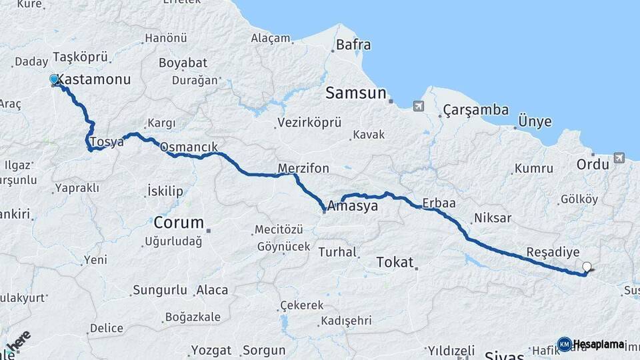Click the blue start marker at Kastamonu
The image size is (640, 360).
[54, 79]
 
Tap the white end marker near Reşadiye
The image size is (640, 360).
[587, 267]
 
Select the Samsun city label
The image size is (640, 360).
[355, 93]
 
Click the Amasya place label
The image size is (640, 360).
[352, 206]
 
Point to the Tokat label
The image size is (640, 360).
[395, 262]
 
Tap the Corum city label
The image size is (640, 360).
[178, 223]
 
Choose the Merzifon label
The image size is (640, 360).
[303, 168]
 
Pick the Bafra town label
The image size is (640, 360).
[353, 45]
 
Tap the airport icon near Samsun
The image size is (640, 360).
[418, 106]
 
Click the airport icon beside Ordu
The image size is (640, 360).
[619, 157]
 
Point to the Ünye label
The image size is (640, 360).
[535, 121]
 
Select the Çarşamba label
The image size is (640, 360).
[475, 110]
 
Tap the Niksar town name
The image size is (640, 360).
[492, 218]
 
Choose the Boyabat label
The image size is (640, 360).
[183, 63]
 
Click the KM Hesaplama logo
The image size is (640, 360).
[591, 344]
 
